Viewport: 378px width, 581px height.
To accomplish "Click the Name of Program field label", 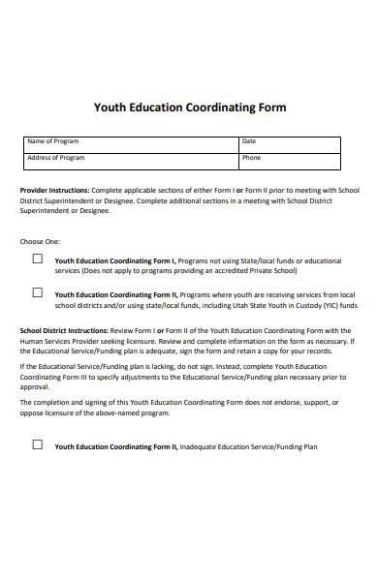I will pos(53,141).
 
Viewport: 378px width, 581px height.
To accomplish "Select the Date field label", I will pos(249,141).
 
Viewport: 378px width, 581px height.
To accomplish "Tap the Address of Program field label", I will pos(56,157).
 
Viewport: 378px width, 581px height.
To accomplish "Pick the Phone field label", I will pos(251,157).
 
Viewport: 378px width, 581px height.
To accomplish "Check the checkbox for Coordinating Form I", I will pos(38,260).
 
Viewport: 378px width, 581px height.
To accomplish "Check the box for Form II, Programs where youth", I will pos(38,291).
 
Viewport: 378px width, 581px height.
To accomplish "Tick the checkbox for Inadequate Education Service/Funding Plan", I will pos(38,445).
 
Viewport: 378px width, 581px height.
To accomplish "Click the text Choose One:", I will pos(40,241).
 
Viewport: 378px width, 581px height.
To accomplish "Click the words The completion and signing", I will pos(64,402).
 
